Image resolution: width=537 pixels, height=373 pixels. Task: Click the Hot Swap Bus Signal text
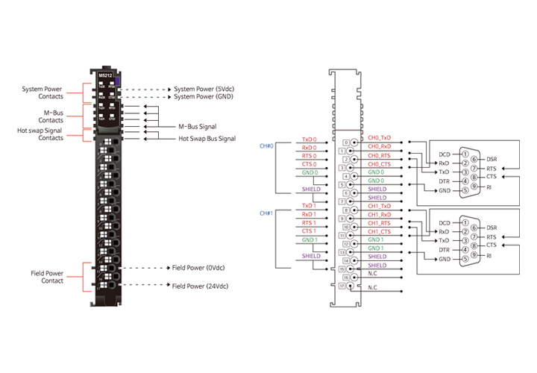coord(207,139)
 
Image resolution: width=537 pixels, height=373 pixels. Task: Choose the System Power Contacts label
coord(43,92)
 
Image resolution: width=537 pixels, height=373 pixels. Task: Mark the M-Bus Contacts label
coord(51,116)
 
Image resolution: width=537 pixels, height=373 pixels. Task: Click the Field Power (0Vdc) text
coord(199,267)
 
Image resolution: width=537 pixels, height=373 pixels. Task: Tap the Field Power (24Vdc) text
coord(201,286)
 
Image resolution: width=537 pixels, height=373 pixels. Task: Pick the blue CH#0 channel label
coord(266,145)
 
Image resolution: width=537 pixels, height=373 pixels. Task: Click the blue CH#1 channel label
coord(266,213)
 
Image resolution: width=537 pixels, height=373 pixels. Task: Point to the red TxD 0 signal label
coord(309,140)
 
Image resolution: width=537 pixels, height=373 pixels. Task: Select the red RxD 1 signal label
coord(309,214)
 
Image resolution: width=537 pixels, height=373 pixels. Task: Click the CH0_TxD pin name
coord(379,138)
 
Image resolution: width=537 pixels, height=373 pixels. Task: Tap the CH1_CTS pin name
coord(379,231)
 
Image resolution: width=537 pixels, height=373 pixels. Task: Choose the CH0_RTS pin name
coord(379,155)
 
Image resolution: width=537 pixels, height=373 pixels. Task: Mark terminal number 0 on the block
coord(345,142)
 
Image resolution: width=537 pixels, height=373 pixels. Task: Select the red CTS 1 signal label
coord(309,231)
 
